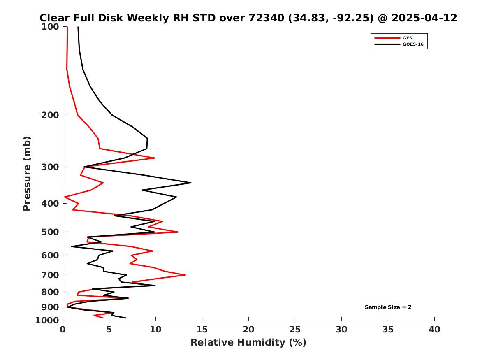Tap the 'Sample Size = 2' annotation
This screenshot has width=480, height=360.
(x=388, y=307)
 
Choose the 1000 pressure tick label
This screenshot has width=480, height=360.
(x=49, y=320)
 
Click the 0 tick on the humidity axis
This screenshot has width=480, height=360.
(x=63, y=329)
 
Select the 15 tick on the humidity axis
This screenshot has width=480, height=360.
(x=202, y=329)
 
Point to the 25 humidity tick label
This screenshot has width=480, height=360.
(x=295, y=329)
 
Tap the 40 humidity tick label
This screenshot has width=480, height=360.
(x=434, y=329)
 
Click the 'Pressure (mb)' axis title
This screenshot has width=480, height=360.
(x=27, y=174)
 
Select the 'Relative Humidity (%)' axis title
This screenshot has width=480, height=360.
(x=248, y=342)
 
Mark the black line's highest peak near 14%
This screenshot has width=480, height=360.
(x=191, y=183)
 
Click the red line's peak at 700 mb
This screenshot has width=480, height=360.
(x=185, y=275)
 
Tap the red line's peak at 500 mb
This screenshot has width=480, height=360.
(x=178, y=232)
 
